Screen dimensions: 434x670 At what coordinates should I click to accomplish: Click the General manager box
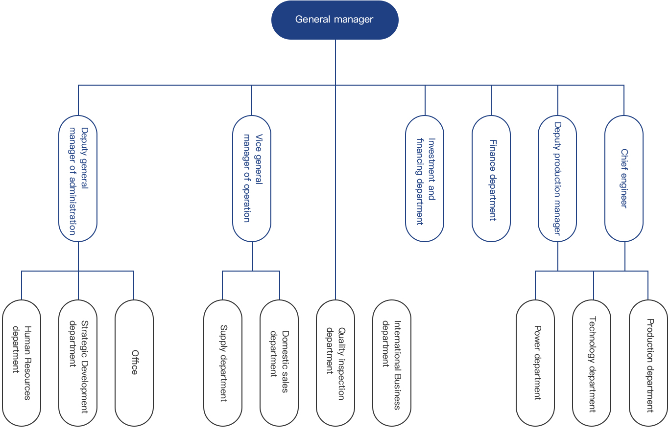click(335, 20)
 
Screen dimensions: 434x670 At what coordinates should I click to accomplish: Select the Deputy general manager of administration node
click(78, 179)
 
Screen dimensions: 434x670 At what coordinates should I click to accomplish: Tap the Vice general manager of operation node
click(252, 179)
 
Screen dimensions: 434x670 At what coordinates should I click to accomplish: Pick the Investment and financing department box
click(425, 179)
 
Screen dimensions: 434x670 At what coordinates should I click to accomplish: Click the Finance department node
click(491, 179)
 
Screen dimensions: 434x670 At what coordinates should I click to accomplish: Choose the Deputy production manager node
click(557, 179)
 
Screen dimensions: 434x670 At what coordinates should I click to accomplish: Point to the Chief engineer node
click(624, 179)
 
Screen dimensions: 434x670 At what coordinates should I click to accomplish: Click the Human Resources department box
click(22, 363)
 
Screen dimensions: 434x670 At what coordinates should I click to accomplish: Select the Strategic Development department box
click(78, 363)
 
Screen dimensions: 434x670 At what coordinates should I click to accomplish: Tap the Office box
click(134, 363)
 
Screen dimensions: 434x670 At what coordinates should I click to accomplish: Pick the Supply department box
click(223, 363)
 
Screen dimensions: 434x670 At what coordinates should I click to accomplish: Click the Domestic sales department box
click(279, 363)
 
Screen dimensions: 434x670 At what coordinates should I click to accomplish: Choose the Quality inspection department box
click(335, 363)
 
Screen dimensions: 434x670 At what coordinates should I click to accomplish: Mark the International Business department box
click(392, 363)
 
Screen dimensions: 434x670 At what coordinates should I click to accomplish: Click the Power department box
click(535, 363)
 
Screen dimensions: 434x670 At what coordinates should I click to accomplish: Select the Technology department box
click(592, 363)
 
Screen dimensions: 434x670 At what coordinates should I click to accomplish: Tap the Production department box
click(648, 363)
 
